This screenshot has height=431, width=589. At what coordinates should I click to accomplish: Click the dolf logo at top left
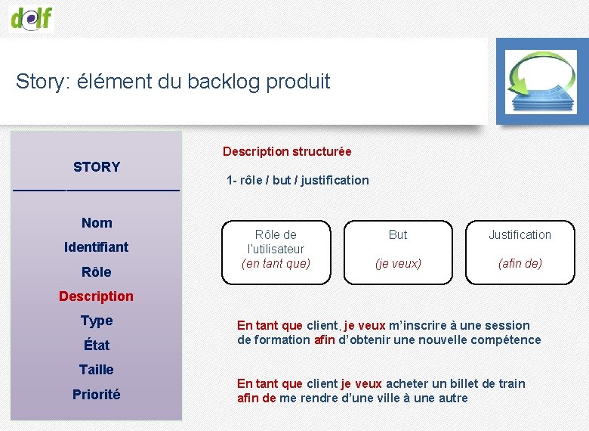(x=32, y=17)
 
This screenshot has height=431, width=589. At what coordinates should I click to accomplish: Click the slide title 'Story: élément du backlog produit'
(x=173, y=82)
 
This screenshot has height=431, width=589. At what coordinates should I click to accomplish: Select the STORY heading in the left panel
(x=97, y=167)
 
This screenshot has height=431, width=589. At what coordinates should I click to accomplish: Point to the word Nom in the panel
(x=97, y=223)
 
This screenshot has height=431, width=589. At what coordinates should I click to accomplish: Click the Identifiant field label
(x=97, y=247)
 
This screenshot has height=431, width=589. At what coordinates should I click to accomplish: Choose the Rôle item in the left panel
(x=97, y=272)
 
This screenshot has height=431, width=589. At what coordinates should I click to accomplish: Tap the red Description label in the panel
(x=96, y=296)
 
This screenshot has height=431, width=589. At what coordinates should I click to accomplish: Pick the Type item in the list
(x=97, y=321)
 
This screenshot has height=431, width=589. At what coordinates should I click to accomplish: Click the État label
(x=97, y=346)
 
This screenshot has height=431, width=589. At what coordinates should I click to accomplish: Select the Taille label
(x=97, y=370)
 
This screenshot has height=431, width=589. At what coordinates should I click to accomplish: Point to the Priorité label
(x=97, y=395)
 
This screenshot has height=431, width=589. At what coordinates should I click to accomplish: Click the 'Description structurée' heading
(x=287, y=152)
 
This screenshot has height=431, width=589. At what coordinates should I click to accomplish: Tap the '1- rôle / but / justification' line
(x=298, y=181)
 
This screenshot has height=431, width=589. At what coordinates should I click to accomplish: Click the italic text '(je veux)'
(x=398, y=264)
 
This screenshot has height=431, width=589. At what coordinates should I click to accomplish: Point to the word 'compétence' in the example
(x=506, y=340)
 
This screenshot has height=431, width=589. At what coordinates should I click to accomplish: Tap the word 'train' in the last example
(x=510, y=384)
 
